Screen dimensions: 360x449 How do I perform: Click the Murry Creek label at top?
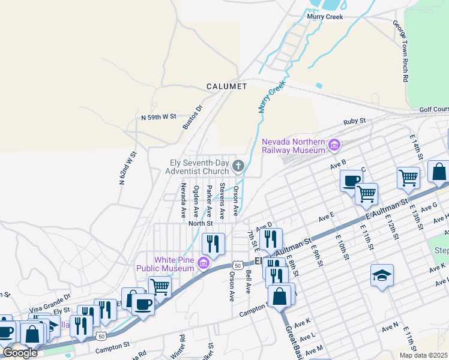[x=325, y=17]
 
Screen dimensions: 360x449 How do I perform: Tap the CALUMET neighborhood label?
[x=227, y=86]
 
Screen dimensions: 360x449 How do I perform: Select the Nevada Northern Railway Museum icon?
[x=334, y=144]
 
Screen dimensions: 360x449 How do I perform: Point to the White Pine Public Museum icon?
[x=203, y=263]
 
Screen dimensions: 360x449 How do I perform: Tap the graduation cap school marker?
[x=382, y=275]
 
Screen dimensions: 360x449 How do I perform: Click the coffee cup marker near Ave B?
[x=351, y=181]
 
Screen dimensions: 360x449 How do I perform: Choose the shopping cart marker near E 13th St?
[x=408, y=178]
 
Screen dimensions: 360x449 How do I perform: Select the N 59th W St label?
[x=158, y=116]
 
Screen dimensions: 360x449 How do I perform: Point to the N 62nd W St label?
[x=128, y=167]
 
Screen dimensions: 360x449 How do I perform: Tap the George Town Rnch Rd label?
[x=402, y=51]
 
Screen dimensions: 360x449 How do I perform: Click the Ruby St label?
[x=354, y=122]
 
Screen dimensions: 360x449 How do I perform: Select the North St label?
[x=200, y=223]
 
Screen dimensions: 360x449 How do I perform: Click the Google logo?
[x=20, y=353]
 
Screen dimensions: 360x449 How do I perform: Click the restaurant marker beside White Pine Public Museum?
[x=213, y=244]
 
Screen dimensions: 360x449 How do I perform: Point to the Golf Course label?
[x=433, y=110]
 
